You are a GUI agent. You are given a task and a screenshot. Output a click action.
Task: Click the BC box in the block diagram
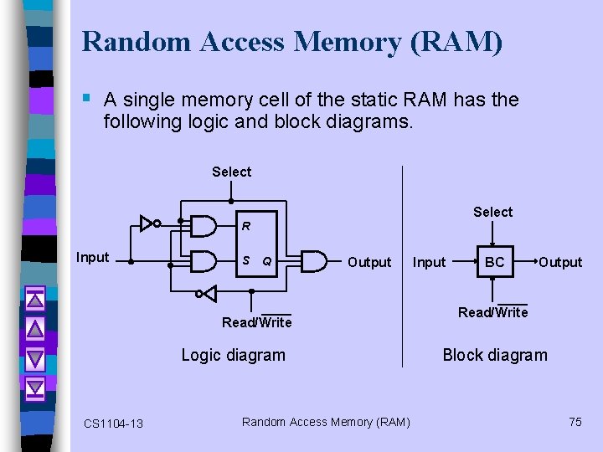(494, 262)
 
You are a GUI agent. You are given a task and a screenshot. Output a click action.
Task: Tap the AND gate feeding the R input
(204, 225)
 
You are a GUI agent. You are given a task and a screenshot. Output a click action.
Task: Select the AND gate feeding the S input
(204, 262)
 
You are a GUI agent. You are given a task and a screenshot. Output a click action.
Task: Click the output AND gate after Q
(313, 262)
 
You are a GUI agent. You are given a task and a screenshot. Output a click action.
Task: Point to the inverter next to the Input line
(150, 223)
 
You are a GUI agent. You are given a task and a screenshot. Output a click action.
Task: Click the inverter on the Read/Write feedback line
(206, 293)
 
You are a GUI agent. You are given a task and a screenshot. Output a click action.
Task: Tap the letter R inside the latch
(246, 226)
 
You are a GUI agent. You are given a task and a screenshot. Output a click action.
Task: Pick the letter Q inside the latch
(266, 262)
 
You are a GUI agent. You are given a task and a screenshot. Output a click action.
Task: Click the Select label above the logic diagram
(231, 172)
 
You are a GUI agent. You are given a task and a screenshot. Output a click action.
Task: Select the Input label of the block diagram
(430, 263)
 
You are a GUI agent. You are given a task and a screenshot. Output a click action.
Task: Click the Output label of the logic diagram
(369, 263)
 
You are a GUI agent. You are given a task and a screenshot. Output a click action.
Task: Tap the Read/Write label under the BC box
(492, 312)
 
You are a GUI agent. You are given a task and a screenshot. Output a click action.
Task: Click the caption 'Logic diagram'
(233, 355)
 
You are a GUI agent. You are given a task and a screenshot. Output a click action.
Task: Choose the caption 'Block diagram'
(494, 355)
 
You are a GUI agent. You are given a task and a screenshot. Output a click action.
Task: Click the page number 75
(575, 422)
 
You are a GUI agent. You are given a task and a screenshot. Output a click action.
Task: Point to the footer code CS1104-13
(113, 424)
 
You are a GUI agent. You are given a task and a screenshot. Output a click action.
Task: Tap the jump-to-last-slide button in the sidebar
(34, 388)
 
